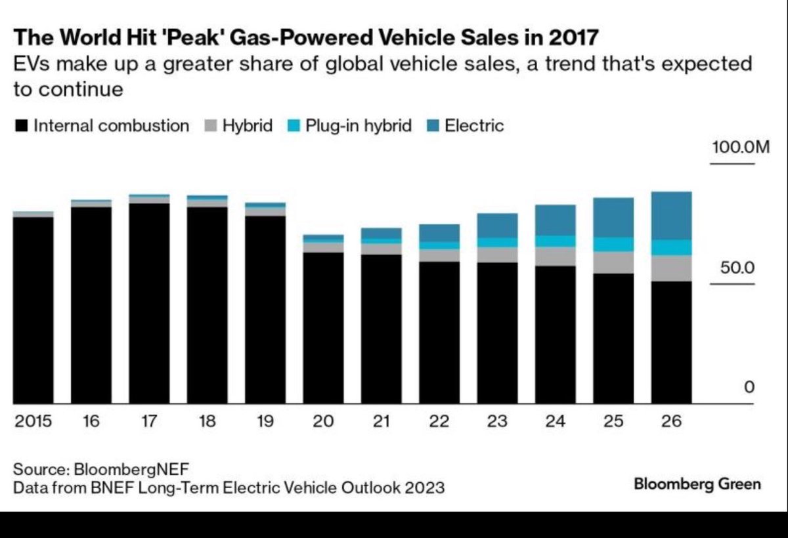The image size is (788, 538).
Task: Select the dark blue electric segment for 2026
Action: click(671, 215)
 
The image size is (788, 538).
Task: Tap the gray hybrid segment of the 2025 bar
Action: click(613, 262)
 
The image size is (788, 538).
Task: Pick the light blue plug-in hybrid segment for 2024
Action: click(556, 241)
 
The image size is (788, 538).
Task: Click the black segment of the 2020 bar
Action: click(323, 328)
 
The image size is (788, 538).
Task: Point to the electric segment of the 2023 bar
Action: click(497, 225)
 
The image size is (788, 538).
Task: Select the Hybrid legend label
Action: click(247, 126)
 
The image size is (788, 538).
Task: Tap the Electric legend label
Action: click(474, 126)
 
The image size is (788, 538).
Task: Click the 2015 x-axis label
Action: click(33, 421)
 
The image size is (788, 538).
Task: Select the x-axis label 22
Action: click(439, 421)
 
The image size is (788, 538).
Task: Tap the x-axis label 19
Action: click(265, 421)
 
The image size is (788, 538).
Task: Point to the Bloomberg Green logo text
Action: click(697, 484)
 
